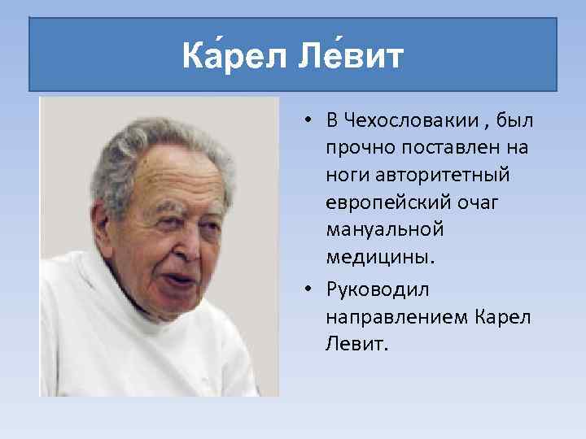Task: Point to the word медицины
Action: (x=380, y=257)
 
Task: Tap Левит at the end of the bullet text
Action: (x=356, y=344)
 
